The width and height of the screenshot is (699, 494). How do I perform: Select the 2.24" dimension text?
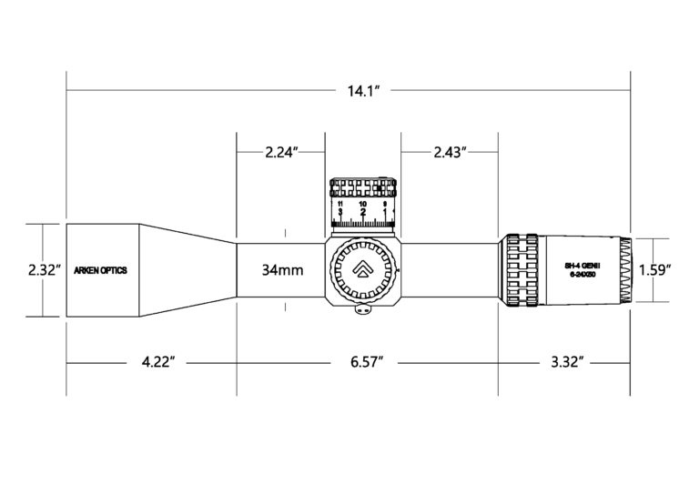(x=281, y=152)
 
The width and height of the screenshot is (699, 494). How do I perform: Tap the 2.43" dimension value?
(x=450, y=152)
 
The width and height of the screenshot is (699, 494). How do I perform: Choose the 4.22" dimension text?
(x=157, y=362)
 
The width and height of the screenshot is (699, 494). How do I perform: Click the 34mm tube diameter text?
(x=282, y=270)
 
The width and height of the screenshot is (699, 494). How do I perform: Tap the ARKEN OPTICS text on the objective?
(x=100, y=270)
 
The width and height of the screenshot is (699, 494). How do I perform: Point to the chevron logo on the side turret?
(x=363, y=269)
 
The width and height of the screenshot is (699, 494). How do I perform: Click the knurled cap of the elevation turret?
(x=363, y=187)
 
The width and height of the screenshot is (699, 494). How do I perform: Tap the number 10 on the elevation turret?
(x=363, y=205)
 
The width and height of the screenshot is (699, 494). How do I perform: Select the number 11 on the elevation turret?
(x=339, y=205)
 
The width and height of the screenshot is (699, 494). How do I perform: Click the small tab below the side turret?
(x=363, y=309)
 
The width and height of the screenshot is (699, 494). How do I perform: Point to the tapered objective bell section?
(x=187, y=270)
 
